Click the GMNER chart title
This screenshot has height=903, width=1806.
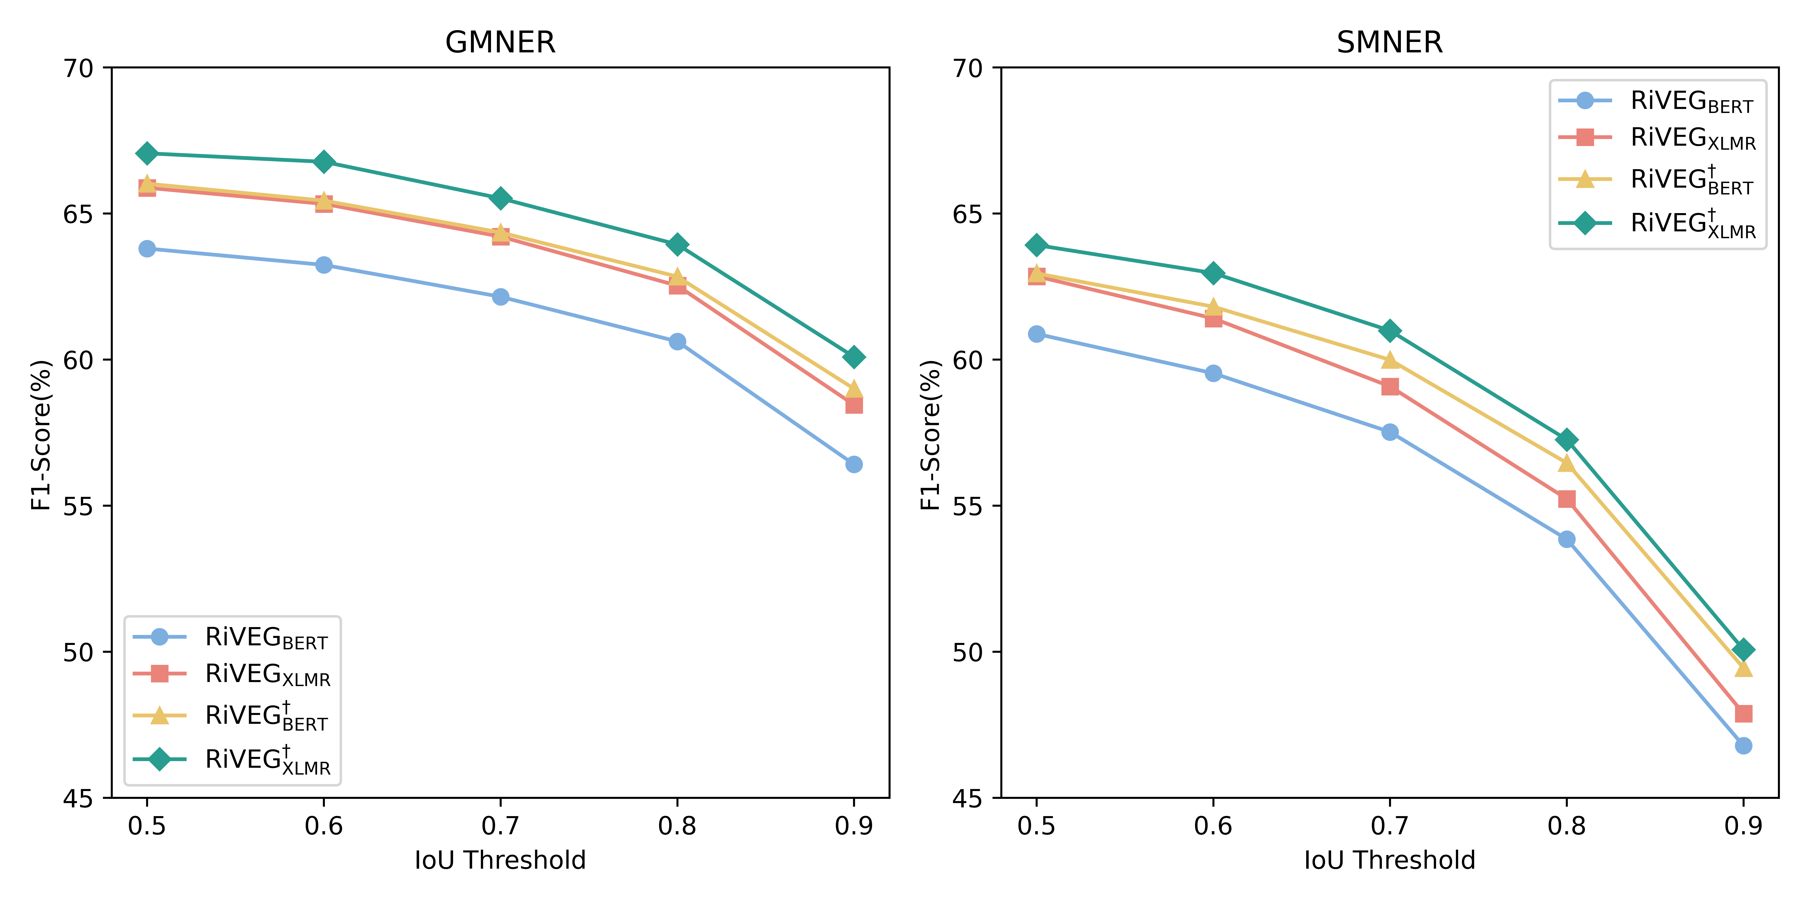[x=500, y=43]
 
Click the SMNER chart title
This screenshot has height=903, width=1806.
[x=1389, y=43]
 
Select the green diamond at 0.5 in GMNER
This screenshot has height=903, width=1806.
[x=146, y=154]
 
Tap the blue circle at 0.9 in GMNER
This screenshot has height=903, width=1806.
[x=853, y=464]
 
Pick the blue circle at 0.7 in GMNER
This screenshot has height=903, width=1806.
[x=500, y=297]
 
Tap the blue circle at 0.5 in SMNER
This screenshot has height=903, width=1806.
[x=1036, y=334]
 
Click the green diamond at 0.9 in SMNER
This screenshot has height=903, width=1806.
[x=1743, y=650]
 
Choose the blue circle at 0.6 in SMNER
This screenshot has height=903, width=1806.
[x=1213, y=373]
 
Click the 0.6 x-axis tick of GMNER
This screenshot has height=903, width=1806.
[x=323, y=826]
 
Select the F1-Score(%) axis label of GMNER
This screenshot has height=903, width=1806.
[x=42, y=435]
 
